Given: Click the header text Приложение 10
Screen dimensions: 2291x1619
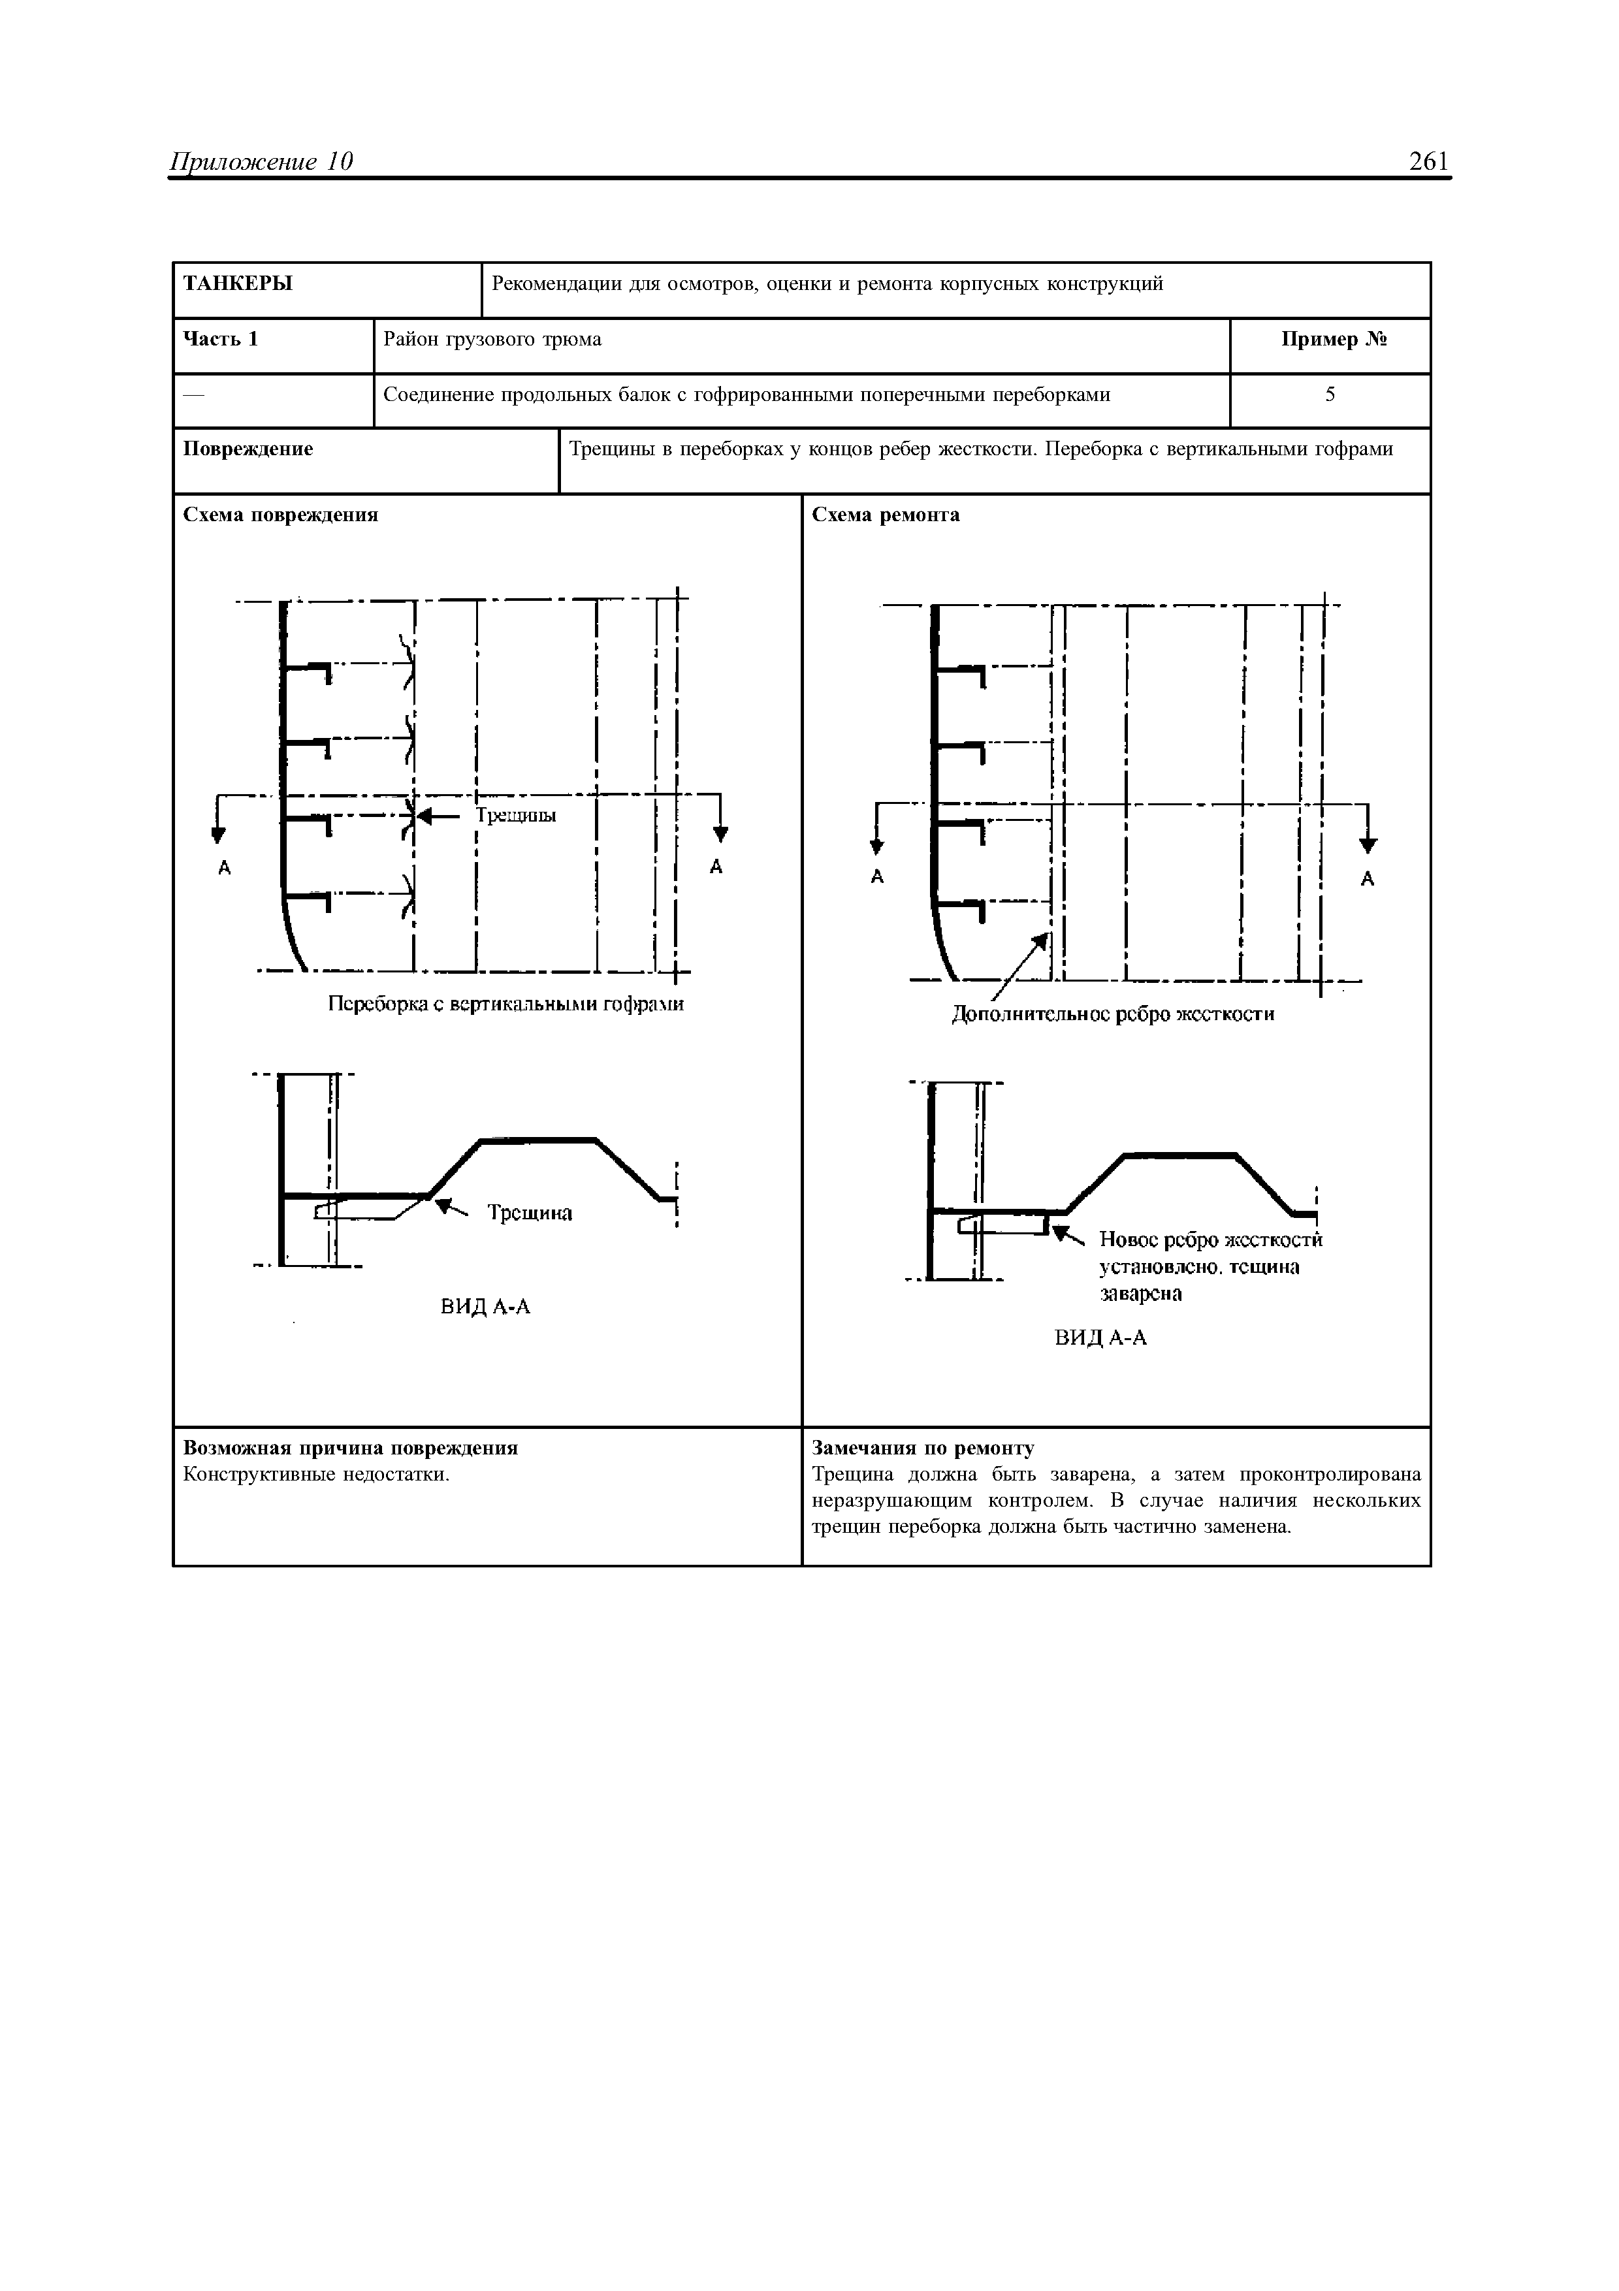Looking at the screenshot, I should [263, 162].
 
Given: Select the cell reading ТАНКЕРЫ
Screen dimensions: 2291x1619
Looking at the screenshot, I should [238, 284].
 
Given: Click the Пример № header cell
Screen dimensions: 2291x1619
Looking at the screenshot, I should [1334, 340].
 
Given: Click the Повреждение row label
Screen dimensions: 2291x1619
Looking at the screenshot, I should [248, 449].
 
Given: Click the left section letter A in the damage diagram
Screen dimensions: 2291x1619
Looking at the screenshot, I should [225, 868].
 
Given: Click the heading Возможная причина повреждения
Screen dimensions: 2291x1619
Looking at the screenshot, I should [351, 1448].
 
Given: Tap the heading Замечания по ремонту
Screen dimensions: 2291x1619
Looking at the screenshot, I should [923, 1448].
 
